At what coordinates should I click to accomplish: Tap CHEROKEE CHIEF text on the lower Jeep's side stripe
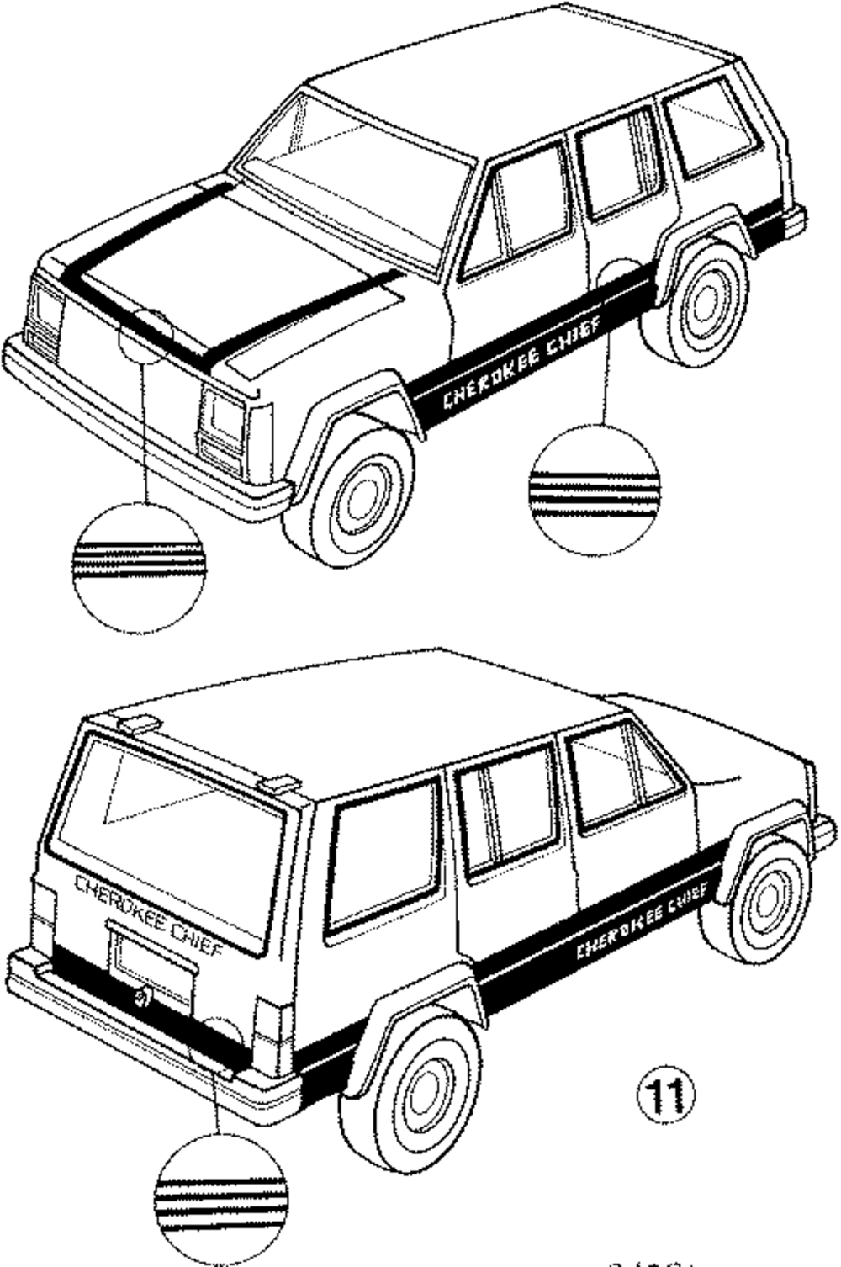click(x=643, y=921)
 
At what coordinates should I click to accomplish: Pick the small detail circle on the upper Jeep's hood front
click(x=145, y=335)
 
